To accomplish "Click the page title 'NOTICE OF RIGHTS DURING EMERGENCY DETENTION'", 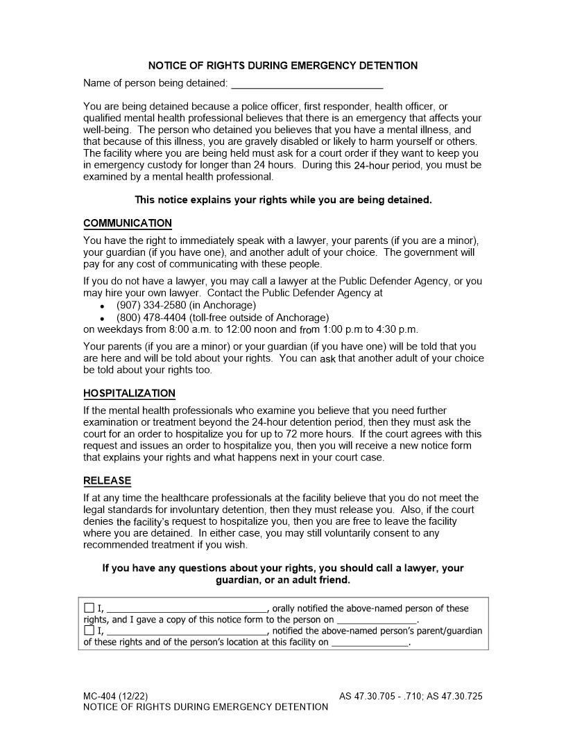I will pos(283,66).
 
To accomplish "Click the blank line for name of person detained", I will pos(307,84).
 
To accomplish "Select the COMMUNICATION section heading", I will pos(128,223).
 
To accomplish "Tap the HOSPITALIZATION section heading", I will pos(129,394).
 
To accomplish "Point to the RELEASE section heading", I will pos(107,480).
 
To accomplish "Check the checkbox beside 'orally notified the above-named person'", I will pos(89,608).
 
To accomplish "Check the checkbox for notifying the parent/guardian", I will pos(89,631).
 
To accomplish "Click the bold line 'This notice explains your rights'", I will pos(283,200).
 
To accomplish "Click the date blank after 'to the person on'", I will pos(377,620).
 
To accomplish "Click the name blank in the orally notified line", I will pos(186,609).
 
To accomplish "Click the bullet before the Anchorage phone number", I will pos(103,306).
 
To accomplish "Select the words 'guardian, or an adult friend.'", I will pos(283,579).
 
